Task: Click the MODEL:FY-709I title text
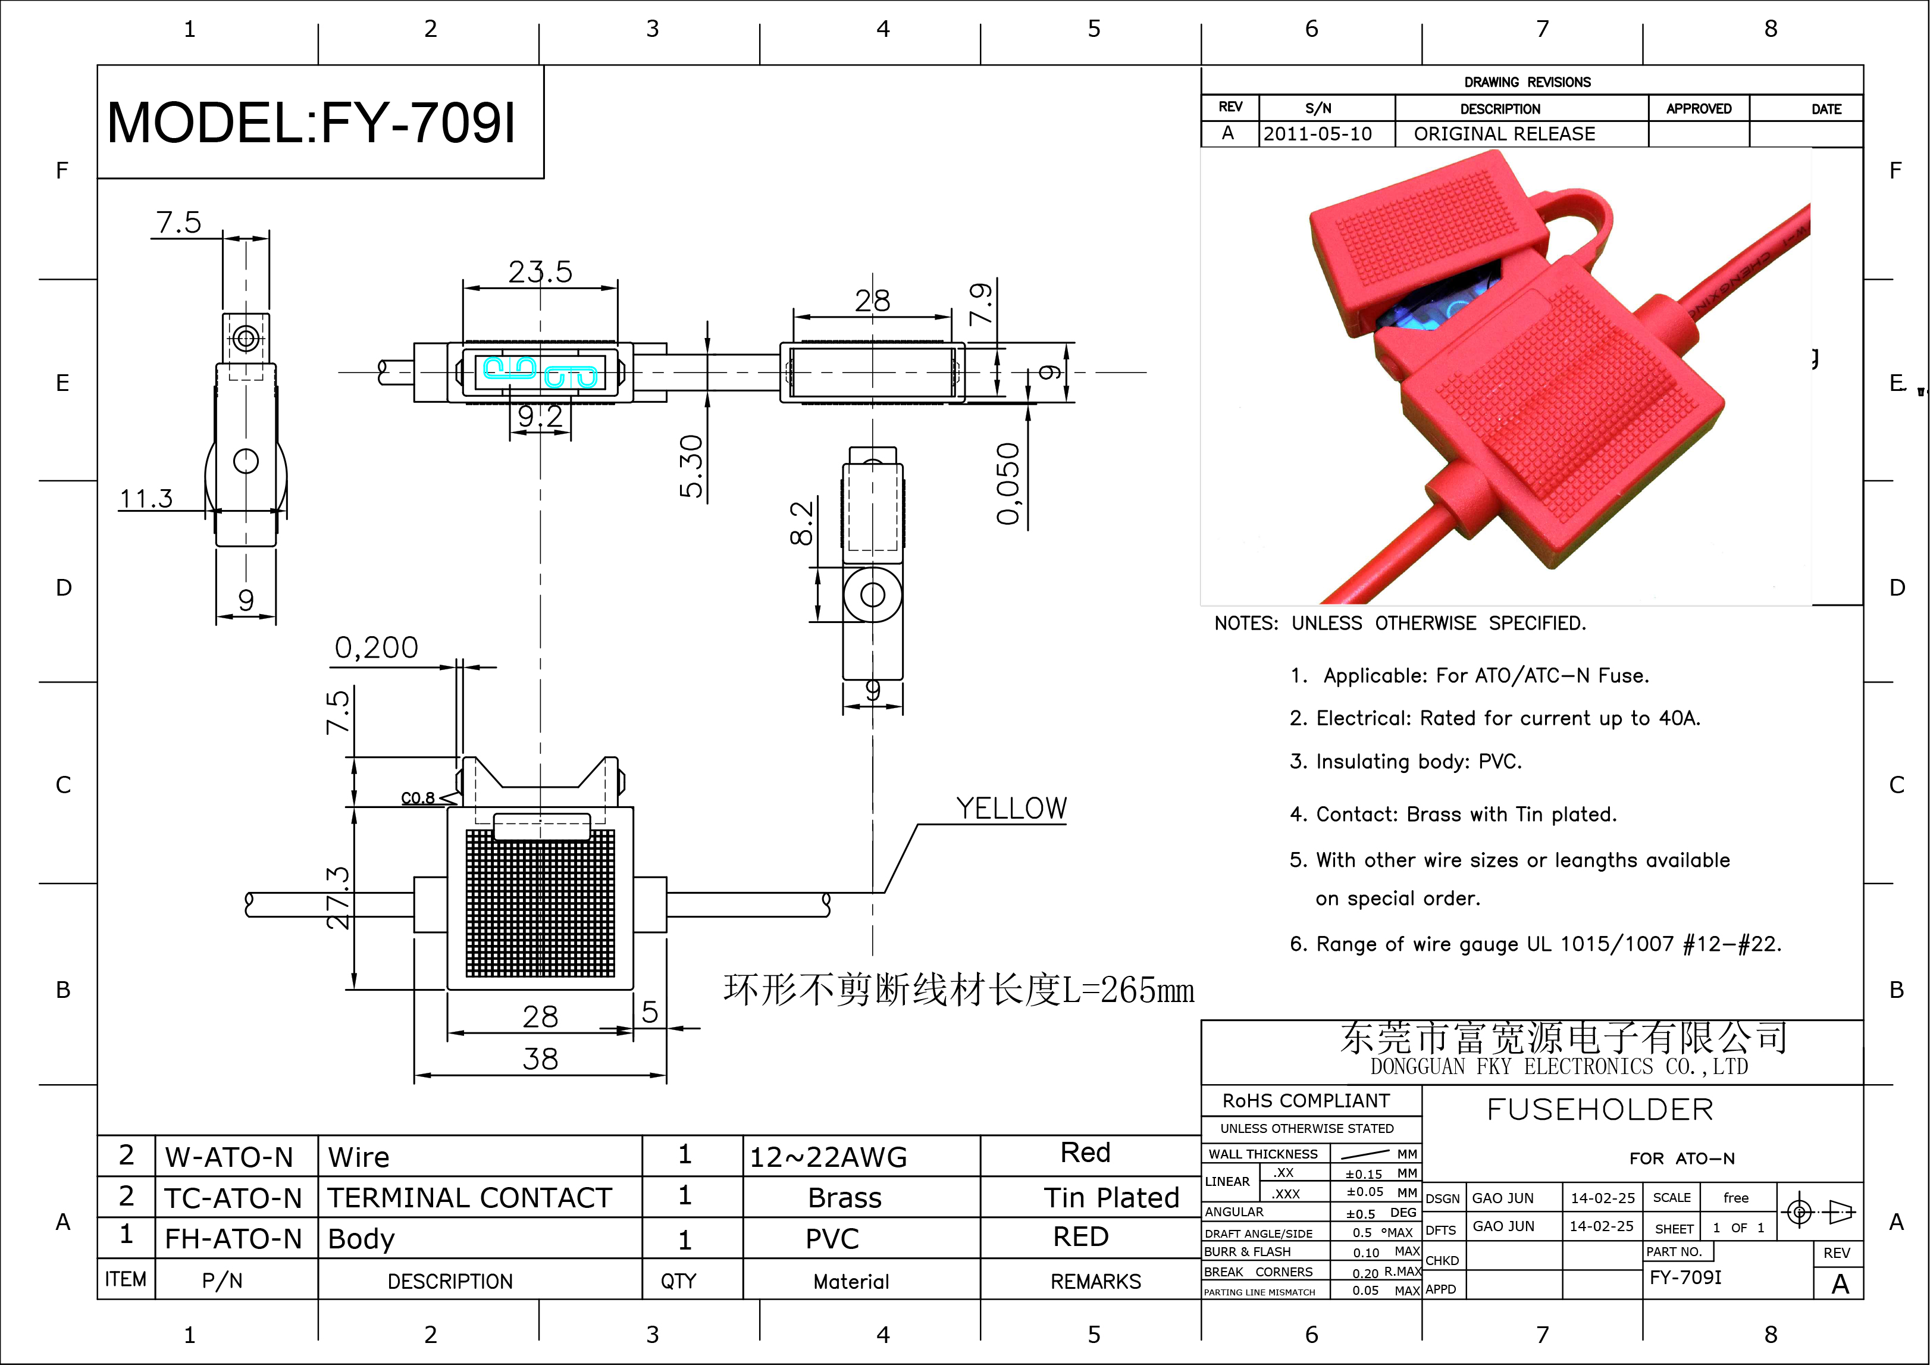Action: tap(312, 123)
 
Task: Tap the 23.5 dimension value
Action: tap(540, 271)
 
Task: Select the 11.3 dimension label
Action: tap(146, 499)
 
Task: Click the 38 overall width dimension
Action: tap(540, 1058)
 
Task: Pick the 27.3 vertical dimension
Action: tap(337, 898)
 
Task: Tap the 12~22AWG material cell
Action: tap(828, 1157)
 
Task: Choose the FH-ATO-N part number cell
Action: tap(233, 1238)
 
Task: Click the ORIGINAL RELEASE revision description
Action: tap(1504, 134)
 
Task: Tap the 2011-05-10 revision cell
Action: tap(1317, 134)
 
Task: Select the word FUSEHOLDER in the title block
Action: tap(1600, 1110)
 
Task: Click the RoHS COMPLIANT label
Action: tap(1306, 1100)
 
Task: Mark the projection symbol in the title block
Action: tap(1818, 1212)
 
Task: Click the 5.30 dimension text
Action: tap(691, 466)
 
